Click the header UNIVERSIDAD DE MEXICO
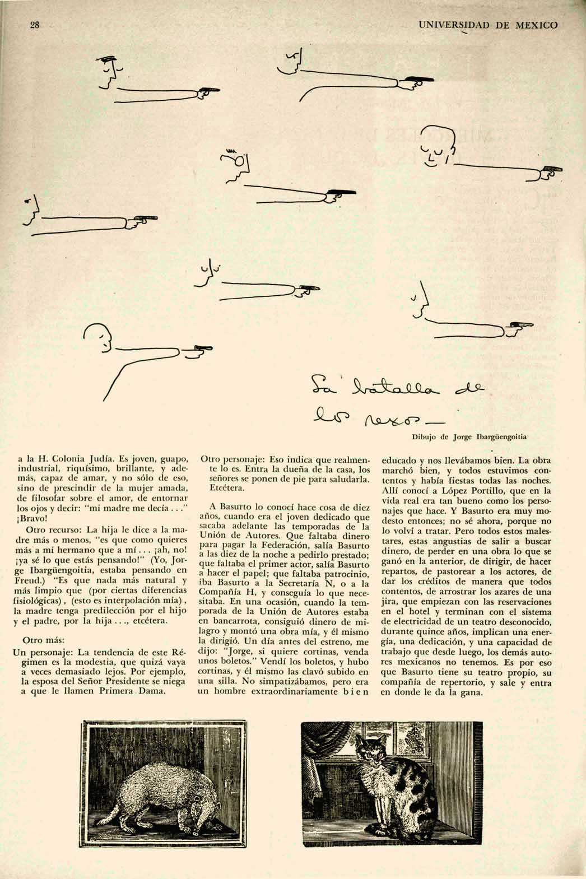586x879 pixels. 488,26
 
